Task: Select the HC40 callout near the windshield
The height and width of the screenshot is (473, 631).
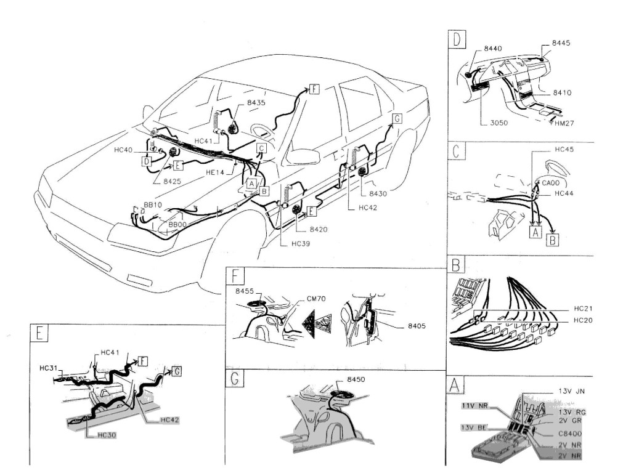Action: pos(124,150)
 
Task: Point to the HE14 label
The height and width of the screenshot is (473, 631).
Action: pos(215,173)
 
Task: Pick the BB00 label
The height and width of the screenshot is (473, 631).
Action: pos(177,225)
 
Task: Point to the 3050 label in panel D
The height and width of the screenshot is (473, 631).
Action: pos(491,123)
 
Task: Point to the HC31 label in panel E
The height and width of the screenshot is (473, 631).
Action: pos(47,368)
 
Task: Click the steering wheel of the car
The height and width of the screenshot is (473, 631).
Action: pos(262,132)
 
